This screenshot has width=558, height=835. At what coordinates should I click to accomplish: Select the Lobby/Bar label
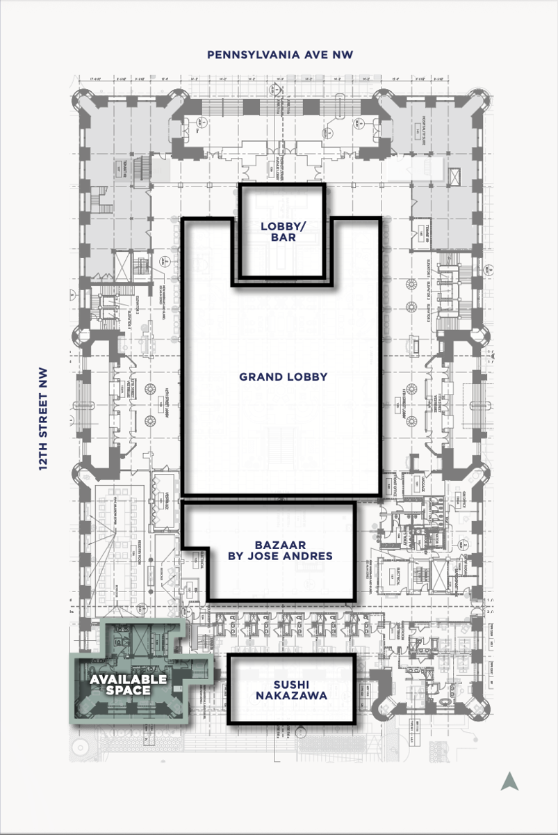pos(279,232)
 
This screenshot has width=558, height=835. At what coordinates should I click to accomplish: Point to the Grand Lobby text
pos(283,377)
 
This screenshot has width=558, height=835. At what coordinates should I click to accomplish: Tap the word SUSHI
pos(291,683)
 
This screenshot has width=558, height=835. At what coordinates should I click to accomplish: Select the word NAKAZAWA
pos(291,695)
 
